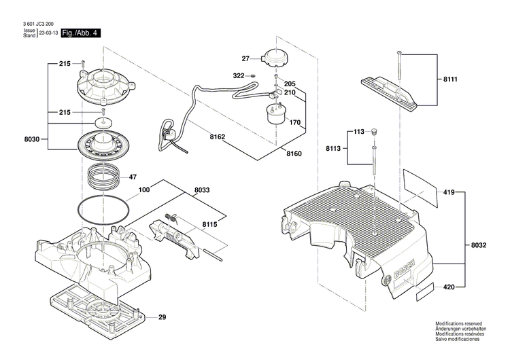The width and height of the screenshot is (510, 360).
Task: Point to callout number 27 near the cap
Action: click(x=245, y=59)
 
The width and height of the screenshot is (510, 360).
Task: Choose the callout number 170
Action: click(x=295, y=123)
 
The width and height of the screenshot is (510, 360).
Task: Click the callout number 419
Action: click(x=449, y=192)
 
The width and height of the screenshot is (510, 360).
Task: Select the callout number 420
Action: click(x=449, y=287)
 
